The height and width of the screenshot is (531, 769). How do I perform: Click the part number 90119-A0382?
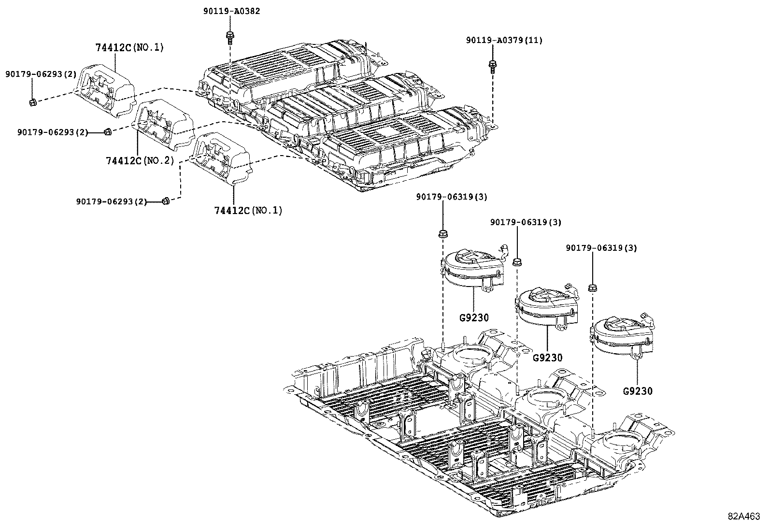[x=231, y=11]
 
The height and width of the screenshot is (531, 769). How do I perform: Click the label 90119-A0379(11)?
[x=504, y=41]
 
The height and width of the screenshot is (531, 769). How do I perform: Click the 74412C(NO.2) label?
[x=139, y=160]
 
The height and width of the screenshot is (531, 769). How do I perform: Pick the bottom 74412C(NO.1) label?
[x=248, y=210]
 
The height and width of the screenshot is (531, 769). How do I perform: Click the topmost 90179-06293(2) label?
[x=41, y=74]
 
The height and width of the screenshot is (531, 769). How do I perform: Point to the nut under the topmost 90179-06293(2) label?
[x=32, y=102]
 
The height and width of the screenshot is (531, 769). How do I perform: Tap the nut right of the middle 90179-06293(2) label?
[x=108, y=131]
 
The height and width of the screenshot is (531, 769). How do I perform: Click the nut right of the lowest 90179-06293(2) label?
[x=165, y=201]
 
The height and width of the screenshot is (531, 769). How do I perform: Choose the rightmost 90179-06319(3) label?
[x=601, y=248]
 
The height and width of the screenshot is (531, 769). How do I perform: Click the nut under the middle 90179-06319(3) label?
[x=517, y=262]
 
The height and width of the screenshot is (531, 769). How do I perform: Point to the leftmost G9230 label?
[x=474, y=317]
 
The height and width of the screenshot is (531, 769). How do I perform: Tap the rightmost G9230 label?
[x=638, y=391]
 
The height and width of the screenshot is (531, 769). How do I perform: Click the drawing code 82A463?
[x=744, y=516]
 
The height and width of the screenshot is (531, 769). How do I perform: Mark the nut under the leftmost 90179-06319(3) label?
[x=442, y=234]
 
